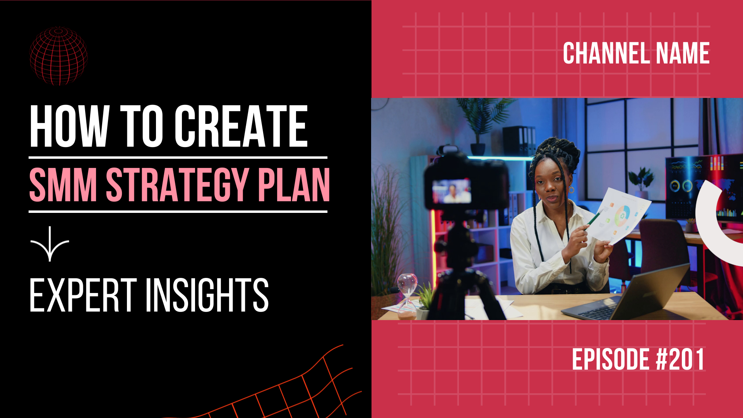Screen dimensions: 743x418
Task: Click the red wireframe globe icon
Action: [x=59, y=56]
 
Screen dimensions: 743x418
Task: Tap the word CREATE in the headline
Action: [x=241, y=126]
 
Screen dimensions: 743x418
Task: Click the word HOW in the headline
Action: [x=69, y=126]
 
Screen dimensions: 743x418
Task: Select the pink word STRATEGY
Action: [x=177, y=185]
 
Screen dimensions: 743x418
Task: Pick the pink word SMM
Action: [x=63, y=185]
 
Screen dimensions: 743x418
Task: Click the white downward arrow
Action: [x=50, y=244]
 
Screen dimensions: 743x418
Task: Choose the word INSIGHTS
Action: [x=207, y=295]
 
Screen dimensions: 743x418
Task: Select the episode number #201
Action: [x=680, y=359]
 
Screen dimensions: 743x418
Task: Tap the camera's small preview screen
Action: [x=452, y=191]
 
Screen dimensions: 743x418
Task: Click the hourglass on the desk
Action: [x=407, y=296]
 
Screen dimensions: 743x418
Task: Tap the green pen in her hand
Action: [x=594, y=219]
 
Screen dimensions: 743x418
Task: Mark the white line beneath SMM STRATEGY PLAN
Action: [x=178, y=212]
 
